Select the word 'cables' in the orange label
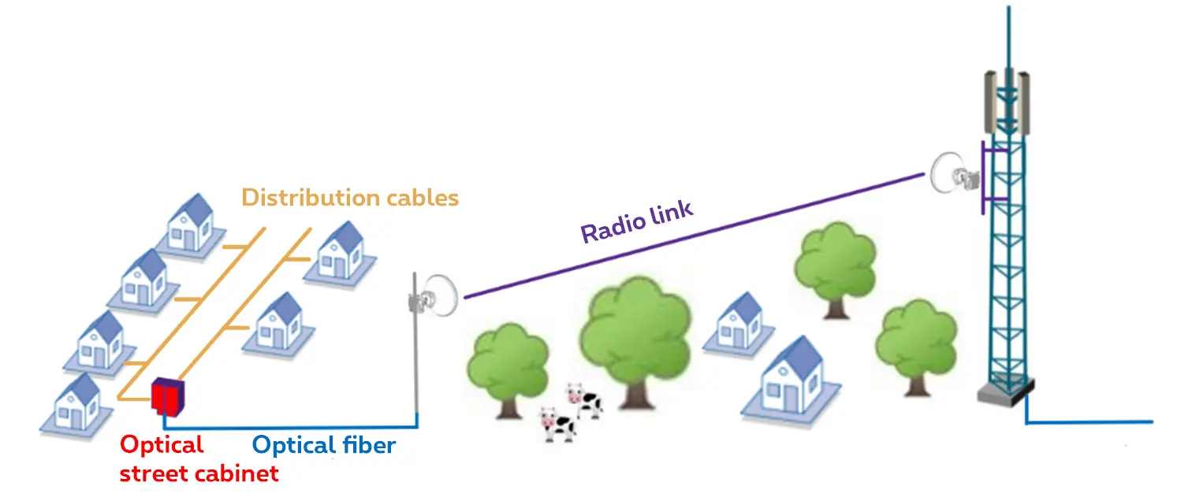423,197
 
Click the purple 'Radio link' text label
636,222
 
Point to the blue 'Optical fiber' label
323,446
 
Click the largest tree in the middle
635,331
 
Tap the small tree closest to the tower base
916,343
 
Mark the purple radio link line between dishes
694,236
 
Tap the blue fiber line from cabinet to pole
292,428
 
